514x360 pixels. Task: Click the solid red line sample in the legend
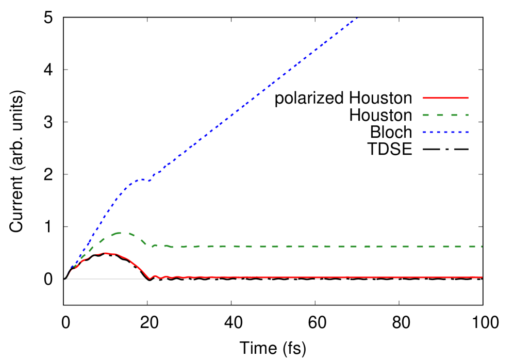click(445, 97)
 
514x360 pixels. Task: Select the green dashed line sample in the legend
click(445, 114)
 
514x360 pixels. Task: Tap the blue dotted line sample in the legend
click(445, 132)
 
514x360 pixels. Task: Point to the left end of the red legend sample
click(423, 97)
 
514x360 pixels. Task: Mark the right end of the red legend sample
click(468, 97)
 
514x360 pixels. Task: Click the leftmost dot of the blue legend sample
click(424, 132)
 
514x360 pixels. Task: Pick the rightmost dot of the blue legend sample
click(467, 132)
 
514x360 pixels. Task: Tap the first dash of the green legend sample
click(426, 114)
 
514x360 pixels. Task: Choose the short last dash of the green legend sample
click(466, 114)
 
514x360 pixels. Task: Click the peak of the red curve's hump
click(106, 253)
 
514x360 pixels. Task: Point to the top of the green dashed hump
click(121, 233)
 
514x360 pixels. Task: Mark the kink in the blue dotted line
click(149, 181)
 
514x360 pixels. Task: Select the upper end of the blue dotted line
click(357, 18)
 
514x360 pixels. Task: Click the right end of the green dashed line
click(482, 247)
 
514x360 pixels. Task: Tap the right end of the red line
click(482, 277)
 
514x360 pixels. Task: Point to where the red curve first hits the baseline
click(150, 279)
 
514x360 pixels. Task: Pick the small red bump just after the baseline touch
click(155, 276)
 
